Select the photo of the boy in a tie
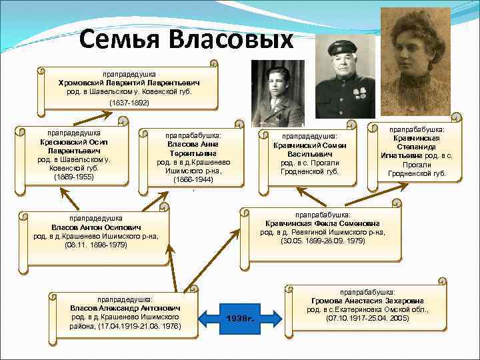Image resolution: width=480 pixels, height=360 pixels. pos(277,93)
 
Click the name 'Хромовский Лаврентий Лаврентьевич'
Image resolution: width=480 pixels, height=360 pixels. pos(129,82)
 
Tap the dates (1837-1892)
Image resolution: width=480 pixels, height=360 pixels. pos(129,103)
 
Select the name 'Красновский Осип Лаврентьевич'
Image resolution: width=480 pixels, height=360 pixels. pos(73,146)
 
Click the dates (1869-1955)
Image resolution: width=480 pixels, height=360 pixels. pos(73,177)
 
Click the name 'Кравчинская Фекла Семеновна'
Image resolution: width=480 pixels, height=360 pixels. pos(323,223)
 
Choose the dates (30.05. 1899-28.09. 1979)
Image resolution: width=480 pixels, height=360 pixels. pos(323,241)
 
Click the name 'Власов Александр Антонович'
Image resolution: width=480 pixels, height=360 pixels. pos(125,308)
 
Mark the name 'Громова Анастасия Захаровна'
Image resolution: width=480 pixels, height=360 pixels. pos(367,301)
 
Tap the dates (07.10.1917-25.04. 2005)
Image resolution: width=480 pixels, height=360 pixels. pos(367,319)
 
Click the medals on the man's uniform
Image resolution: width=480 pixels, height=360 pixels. pos(359,93)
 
